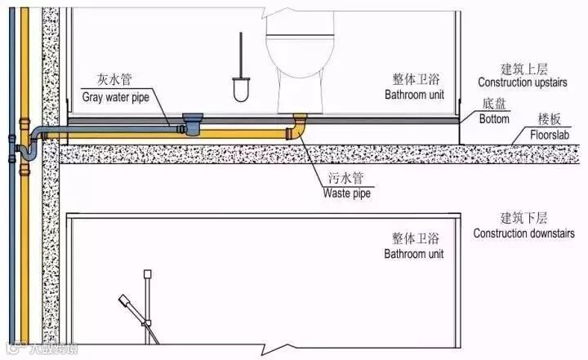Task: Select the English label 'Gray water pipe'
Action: [115, 96]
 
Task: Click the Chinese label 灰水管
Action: [114, 80]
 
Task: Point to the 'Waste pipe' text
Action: [347, 194]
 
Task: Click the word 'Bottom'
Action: [494, 119]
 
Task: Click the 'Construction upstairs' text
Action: [523, 83]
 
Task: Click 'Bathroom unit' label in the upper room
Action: [414, 95]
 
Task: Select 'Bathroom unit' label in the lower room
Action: [414, 254]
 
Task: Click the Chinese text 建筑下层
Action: [523, 219]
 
